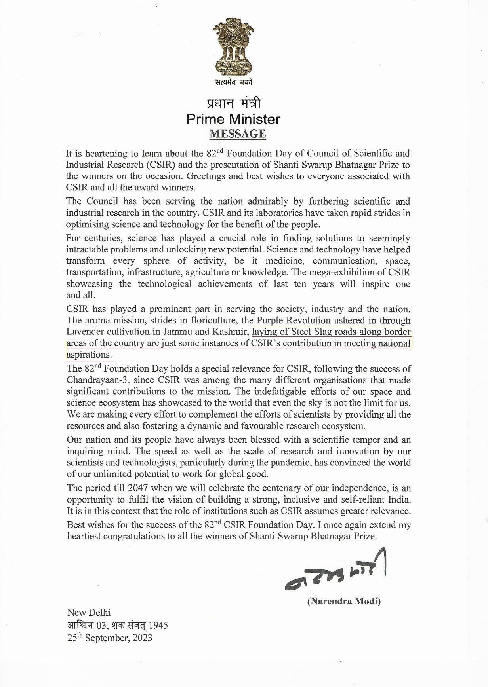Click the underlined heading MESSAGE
(x=237, y=134)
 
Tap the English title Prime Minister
(x=233, y=119)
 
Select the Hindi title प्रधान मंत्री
(x=234, y=104)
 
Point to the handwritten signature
(x=335, y=572)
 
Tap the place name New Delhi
(x=86, y=613)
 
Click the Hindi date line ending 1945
(x=117, y=625)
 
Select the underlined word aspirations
(x=89, y=355)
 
